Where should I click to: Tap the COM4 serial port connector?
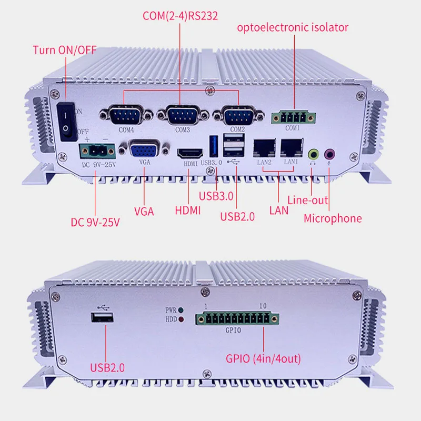(123, 115)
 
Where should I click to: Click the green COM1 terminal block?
(290, 117)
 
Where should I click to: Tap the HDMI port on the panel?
(188, 153)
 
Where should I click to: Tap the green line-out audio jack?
(313, 154)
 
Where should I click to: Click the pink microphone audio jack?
(329, 154)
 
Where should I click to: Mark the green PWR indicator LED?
(181, 311)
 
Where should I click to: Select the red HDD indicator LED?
(181, 319)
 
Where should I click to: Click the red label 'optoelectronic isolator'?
(293, 27)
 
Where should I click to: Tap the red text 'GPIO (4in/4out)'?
(263, 359)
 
